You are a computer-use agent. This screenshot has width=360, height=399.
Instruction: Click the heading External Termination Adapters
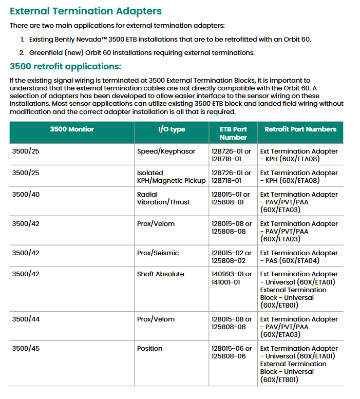pyautogui.click(x=86, y=11)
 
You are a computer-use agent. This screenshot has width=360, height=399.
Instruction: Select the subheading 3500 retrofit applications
pyautogui.click(x=66, y=66)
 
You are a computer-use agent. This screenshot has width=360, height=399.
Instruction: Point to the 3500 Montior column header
pyautogui.click(x=72, y=129)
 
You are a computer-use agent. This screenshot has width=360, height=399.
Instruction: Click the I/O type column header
pyautogui.click(x=172, y=129)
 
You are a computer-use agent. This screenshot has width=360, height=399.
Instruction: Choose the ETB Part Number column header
pyautogui.click(x=233, y=133)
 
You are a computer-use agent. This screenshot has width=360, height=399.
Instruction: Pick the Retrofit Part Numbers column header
pyautogui.click(x=300, y=129)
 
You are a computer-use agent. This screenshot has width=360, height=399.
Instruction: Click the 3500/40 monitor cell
pyautogui.click(x=26, y=195)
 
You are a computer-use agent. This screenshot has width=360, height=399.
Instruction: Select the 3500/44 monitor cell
pyautogui.click(x=26, y=319)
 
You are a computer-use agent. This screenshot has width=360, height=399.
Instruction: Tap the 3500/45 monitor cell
pyautogui.click(x=26, y=349)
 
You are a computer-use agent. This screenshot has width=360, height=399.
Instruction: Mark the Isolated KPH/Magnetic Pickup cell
pyautogui.click(x=171, y=177)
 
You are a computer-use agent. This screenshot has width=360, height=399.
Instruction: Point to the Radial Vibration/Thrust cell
pyautogui.click(x=163, y=198)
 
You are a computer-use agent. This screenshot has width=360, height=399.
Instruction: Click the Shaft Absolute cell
pyautogui.click(x=160, y=274)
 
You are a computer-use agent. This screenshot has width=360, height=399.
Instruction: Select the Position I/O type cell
pyautogui.click(x=149, y=349)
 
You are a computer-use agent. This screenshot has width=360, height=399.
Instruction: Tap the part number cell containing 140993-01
pyautogui.click(x=232, y=278)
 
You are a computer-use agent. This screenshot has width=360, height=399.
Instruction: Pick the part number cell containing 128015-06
pyautogui.click(x=232, y=352)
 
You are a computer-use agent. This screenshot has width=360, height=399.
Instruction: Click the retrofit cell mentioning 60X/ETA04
pyautogui.click(x=299, y=257)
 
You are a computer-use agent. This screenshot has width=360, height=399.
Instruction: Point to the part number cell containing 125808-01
pyautogui.click(x=232, y=198)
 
